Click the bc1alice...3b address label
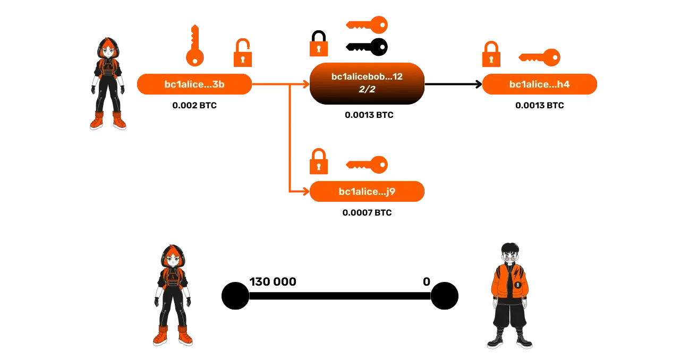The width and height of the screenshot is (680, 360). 194,84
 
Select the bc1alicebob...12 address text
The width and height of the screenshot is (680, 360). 367,77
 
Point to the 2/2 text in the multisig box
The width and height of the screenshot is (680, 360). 367,90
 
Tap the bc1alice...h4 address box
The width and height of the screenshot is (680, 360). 539,84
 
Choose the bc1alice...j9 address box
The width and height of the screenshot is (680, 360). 367,192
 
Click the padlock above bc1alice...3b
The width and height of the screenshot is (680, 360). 243,53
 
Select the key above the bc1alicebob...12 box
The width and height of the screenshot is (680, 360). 368,24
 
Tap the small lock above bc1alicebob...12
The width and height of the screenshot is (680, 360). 318,49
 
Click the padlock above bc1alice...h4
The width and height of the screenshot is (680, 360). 490,55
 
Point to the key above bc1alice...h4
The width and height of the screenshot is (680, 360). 539,57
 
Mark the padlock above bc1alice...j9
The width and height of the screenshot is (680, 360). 319,162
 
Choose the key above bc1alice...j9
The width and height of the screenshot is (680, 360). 368,165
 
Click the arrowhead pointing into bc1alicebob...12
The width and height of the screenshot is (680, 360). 306,84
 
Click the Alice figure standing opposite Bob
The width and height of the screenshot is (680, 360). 173,295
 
